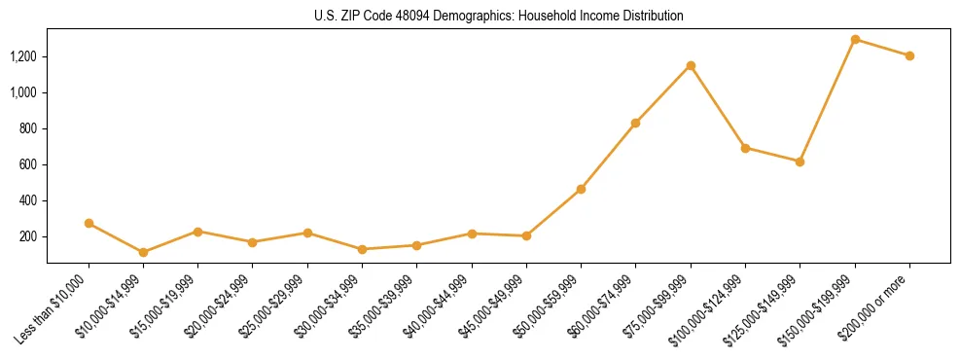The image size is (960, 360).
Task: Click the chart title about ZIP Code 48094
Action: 498,16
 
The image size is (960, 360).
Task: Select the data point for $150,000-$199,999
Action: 855,40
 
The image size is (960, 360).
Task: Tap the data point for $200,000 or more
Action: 909,55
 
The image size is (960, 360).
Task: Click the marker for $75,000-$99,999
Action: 691,65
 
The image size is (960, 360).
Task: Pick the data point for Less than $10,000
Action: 89,223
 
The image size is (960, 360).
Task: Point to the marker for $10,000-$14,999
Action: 143,252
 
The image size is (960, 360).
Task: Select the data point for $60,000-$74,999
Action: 636,123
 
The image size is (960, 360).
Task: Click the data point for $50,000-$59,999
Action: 581,189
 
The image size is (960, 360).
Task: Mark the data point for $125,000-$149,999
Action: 800,162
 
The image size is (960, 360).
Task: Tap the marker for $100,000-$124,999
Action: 745,148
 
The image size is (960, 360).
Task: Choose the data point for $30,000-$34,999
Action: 362,249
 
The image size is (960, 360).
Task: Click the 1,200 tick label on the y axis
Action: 22,56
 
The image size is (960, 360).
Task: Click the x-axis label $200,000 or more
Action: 876,303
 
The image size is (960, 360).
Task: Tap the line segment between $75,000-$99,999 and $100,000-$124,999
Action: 718,107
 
